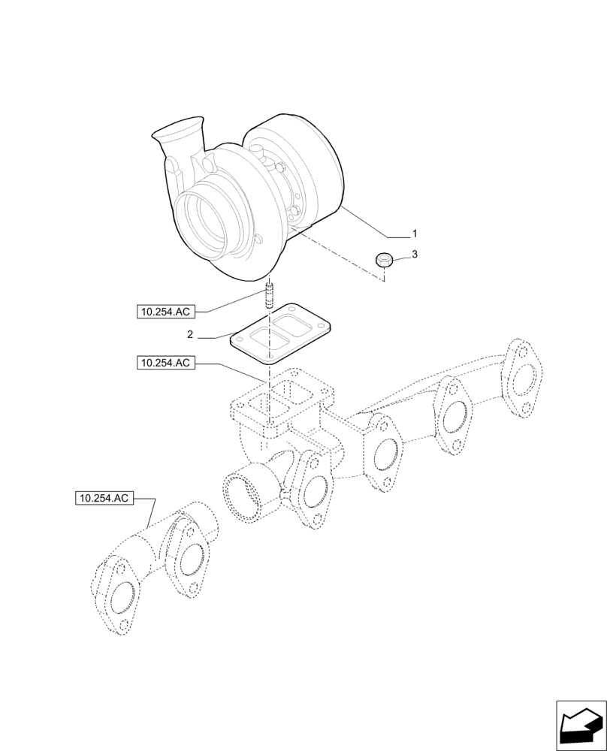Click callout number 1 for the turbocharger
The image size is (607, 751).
(x=414, y=234)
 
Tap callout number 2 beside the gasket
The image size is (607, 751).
(x=191, y=334)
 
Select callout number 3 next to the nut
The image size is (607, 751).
(x=414, y=255)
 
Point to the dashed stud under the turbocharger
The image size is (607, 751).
(x=270, y=294)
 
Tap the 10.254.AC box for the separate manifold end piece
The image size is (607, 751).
(x=104, y=497)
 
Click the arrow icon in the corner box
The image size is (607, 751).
(x=580, y=727)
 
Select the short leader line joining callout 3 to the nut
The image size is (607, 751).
(x=400, y=258)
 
